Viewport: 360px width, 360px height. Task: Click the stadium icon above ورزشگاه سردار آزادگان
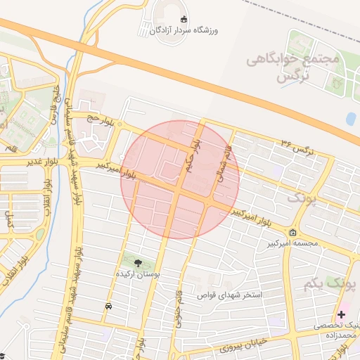coord(184,20)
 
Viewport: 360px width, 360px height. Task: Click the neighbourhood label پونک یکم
coord(330,283)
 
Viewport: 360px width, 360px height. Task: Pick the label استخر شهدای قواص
coord(229,295)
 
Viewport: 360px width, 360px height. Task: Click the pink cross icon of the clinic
coord(342,314)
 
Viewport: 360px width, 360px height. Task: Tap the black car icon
coord(108,307)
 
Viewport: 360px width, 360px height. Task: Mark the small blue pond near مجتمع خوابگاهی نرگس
coord(351,119)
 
